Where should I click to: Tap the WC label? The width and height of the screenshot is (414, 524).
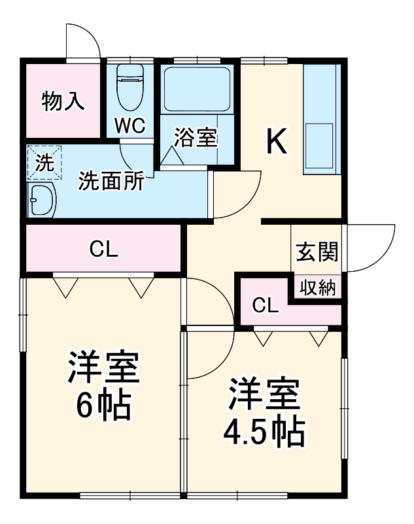click(x=130, y=125)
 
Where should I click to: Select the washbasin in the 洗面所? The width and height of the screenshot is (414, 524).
click(x=42, y=199)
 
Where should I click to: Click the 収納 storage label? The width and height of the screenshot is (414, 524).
click(x=317, y=287)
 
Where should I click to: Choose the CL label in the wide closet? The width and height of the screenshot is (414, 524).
click(x=103, y=249)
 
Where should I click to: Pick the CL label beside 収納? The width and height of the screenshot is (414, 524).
click(x=265, y=304)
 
